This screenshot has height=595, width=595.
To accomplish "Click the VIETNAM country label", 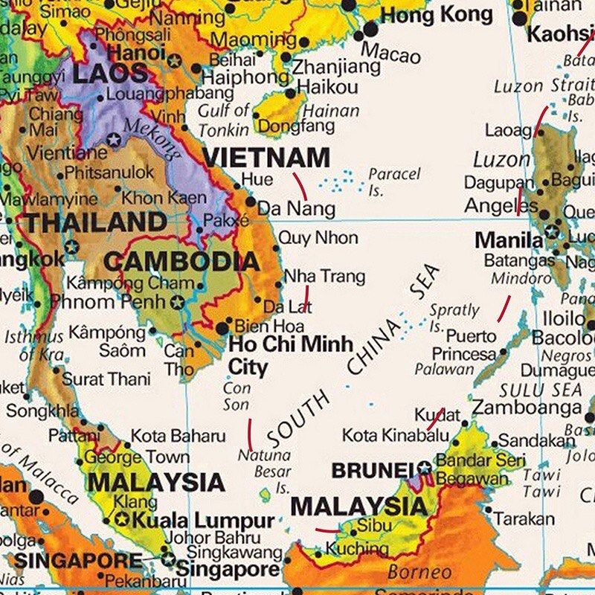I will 266,158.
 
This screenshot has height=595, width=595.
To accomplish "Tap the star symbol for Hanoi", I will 175,59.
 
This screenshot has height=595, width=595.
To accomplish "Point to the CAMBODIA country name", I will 181,261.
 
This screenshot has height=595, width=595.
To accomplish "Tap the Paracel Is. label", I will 394,181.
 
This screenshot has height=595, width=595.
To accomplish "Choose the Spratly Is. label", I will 454,318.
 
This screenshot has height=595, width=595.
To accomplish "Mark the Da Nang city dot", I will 251,202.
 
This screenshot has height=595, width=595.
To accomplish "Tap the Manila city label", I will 509,239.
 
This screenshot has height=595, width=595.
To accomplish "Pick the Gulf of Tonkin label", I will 223,119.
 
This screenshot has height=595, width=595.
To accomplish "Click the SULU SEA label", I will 541,389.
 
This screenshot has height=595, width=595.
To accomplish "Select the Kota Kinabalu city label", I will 395,435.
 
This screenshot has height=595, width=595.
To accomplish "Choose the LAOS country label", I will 109,73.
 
